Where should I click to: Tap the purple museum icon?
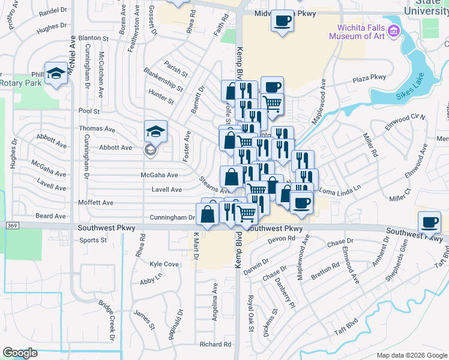click(x=394, y=30)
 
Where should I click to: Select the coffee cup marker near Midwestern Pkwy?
click(x=282, y=20)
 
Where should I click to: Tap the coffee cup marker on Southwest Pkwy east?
click(x=429, y=221)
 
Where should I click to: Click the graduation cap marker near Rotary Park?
click(x=56, y=73)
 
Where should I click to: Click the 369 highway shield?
click(x=12, y=226)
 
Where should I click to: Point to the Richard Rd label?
click(x=215, y=344)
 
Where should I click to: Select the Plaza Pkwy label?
click(x=369, y=77)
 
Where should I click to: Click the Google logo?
click(x=20, y=353)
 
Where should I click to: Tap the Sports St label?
click(x=93, y=240)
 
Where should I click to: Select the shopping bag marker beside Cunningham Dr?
click(x=208, y=214)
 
